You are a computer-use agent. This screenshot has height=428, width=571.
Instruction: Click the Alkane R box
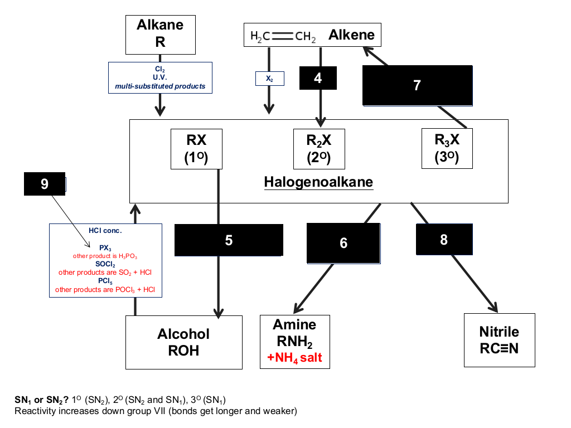(x=160, y=35)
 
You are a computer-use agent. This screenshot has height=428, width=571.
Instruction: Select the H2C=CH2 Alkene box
(x=312, y=35)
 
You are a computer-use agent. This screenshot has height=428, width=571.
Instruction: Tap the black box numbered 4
(x=318, y=78)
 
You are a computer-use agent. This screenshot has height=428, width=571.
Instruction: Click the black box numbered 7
(x=417, y=85)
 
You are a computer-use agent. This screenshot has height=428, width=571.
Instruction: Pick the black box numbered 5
(x=229, y=240)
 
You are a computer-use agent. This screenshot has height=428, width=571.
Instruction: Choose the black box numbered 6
(x=343, y=243)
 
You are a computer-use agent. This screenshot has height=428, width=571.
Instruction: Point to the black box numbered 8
(x=444, y=240)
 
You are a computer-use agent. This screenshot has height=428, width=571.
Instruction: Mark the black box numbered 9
(x=45, y=184)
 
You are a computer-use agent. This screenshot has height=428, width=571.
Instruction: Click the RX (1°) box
(x=196, y=149)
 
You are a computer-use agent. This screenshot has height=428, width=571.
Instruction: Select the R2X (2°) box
(x=319, y=149)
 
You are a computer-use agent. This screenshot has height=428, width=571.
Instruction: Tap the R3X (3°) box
(x=447, y=148)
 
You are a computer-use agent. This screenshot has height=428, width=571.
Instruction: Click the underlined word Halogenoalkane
(x=318, y=182)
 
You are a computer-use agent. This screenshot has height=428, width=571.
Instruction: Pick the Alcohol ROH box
(x=184, y=342)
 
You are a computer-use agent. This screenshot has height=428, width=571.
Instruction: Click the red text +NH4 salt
(x=294, y=358)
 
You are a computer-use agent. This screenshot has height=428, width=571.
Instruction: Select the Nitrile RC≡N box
(x=499, y=340)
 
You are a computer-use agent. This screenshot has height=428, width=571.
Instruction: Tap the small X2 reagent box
(x=269, y=79)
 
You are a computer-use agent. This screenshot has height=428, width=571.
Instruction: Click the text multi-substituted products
(x=160, y=86)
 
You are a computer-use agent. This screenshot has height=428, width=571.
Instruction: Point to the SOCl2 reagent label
(x=105, y=264)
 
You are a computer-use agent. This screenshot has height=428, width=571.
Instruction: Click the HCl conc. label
(x=105, y=230)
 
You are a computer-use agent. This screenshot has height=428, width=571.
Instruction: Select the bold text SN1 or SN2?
(x=41, y=400)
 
